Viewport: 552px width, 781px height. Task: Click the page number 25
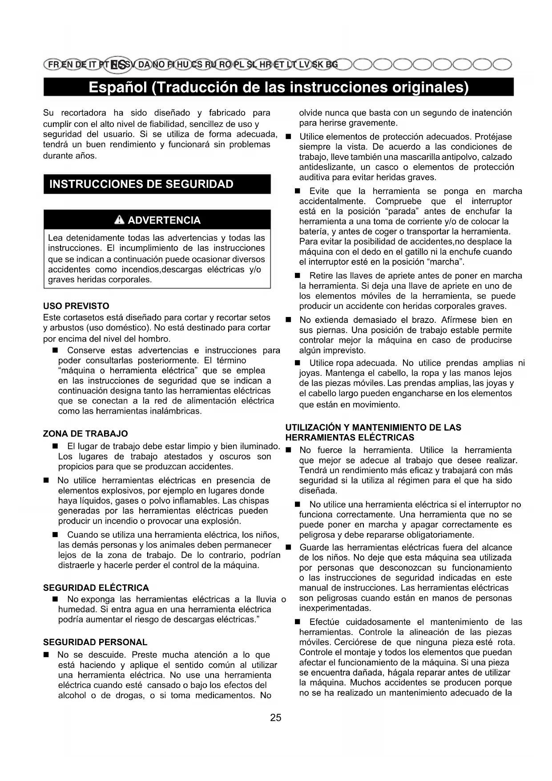pyautogui.click(x=275, y=717)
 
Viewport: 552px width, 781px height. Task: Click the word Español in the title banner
pyautogui.click(x=117, y=87)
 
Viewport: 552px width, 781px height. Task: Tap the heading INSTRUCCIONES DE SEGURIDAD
pyautogui.click(x=141, y=184)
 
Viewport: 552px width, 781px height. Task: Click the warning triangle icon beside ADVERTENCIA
pyautogui.click(x=119, y=220)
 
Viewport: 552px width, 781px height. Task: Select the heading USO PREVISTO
pyautogui.click(x=76, y=306)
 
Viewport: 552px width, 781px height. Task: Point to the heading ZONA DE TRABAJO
pyautogui.click(x=85, y=434)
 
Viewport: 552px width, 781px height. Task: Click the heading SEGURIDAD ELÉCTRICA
pyautogui.click(x=96, y=588)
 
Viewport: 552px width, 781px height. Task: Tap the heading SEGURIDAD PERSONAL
pyautogui.click(x=95, y=642)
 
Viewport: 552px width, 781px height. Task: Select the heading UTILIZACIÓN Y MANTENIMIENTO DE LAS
pyautogui.click(x=373, y=427)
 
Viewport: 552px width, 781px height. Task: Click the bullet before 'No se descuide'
pyautogui.click(x=46, y=655)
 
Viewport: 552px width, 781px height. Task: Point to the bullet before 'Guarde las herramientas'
pyautogui.click(x=288, y=548)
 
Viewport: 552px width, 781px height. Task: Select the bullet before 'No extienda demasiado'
pyautogui.click(x=288, y=320)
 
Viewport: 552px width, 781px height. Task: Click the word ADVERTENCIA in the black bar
pyautogui.click(x=164, y=220)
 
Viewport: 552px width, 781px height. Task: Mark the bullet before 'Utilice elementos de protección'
pyautogui.click(x=288, y=137)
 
